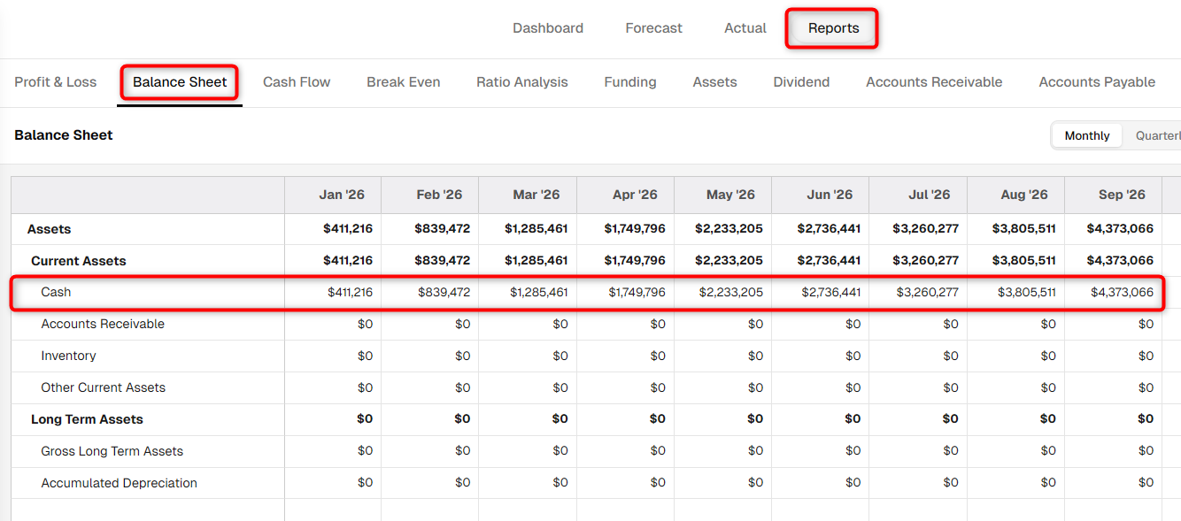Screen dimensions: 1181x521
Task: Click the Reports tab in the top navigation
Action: tap(833, 28)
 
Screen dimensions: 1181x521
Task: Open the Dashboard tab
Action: tap(548, 28)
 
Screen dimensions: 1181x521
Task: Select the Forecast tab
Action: tap(653, 28)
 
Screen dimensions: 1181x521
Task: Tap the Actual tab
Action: tap(745, 28)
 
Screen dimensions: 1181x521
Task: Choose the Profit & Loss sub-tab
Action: tap(56, 82)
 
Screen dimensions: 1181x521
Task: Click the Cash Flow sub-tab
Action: tap(297, 82)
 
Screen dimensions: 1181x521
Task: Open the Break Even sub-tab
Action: tap(404, 82)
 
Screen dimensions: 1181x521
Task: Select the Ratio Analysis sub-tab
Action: tap(522, 82)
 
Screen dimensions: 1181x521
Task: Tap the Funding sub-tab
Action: tap(630, 82)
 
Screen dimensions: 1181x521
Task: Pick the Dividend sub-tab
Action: tap(801, 82)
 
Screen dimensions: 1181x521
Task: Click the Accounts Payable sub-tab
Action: tap(1097, 82)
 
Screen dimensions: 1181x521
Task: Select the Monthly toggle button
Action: tap(1086, 136)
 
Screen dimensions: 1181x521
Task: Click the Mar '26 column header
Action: tap(536, 195)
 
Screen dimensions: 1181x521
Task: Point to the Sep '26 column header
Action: tap(1122, 195)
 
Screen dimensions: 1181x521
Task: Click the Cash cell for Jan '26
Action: tap(350, 293)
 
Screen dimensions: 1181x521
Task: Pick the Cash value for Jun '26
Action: tap(831, 293)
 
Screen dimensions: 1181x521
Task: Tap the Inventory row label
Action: tap(68, 356)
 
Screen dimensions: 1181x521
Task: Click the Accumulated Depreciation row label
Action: tap(120, 483)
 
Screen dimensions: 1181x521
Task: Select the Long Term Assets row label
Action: tap(87, 419)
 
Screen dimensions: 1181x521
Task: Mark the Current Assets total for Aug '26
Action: tap(1024, 260)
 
